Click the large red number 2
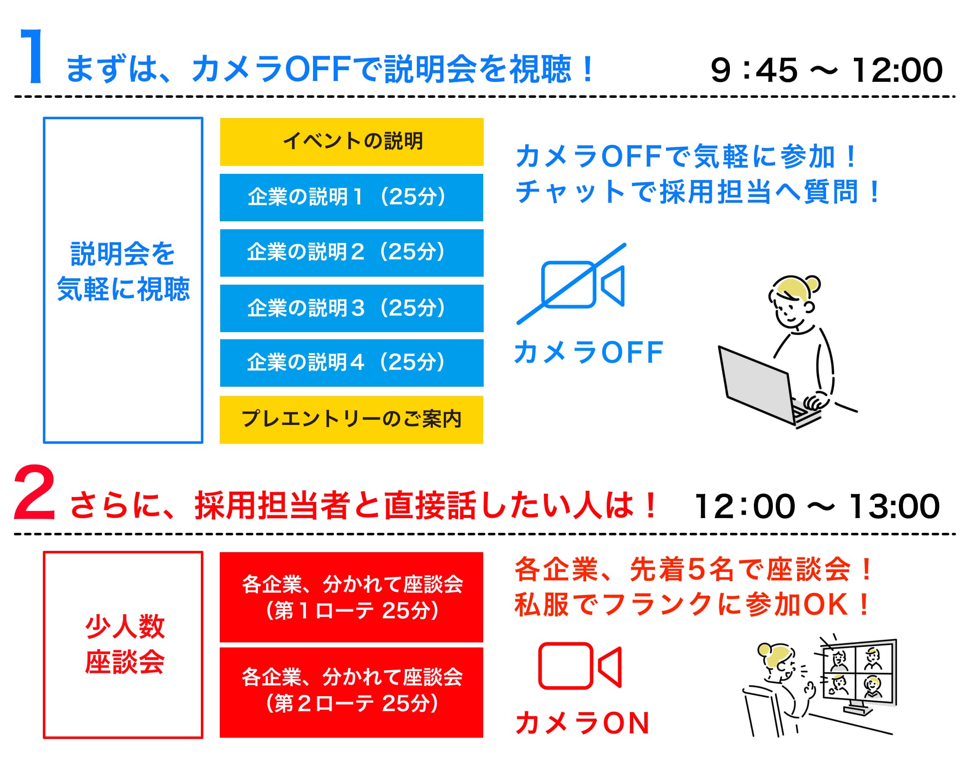point(35,493)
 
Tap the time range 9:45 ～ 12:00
point(827,70)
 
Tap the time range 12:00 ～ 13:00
point(817,506)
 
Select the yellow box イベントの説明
point(351,141)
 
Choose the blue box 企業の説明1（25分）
point(351,197)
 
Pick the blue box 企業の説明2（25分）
point(351,253)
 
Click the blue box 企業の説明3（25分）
point(351,308)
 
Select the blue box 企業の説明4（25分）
point(351,363)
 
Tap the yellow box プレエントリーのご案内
point(351,419)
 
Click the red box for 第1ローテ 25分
point(351,597)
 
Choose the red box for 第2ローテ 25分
point(351,692)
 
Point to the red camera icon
point(580,666)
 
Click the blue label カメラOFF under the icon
point(588,353)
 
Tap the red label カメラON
point(582,723)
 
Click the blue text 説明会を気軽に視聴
point(123,271)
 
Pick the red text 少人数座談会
point(124,644)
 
